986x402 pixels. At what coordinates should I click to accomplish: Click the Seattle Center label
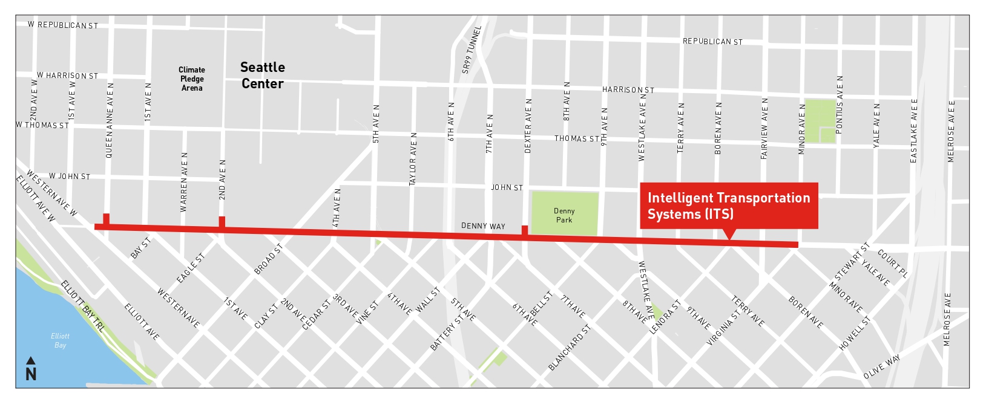click(x=262, y=76)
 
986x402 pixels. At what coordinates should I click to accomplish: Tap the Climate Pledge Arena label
click(x=192, y=79)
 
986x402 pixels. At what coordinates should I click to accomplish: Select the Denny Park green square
click(x=564, y=214)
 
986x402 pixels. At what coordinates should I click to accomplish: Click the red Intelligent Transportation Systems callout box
click(x=729, y=206)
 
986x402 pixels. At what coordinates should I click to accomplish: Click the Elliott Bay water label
click(x=60, y=340)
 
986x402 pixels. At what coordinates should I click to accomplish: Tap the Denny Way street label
click(x=482, y=226)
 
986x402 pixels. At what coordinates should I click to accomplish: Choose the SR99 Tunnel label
click(x=472, y=50)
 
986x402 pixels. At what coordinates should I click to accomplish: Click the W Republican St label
click(x=62, y=25)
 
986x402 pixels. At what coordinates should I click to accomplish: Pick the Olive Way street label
click(x=882, y=367)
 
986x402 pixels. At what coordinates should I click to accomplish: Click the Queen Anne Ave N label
click(x=110, y=121)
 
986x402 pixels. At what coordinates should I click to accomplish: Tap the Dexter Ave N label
click(x=528, y=126)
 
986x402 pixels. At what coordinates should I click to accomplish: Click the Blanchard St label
click(x=569, y=348)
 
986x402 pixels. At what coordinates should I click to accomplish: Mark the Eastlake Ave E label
click(x=914, y=131)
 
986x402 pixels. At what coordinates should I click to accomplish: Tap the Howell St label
click(x=855, y=333)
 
